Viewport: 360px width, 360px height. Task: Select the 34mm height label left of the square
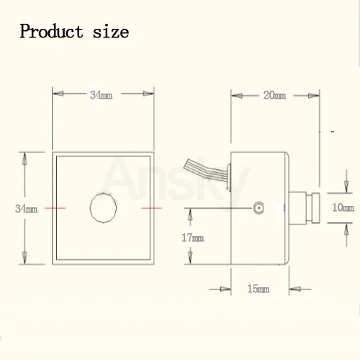pyautogui.click(x=26, y=209)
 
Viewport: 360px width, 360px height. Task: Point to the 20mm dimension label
pyautogui.click(x=274, y=94)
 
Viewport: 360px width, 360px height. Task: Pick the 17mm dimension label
pyautogui.click(x=192, y=237)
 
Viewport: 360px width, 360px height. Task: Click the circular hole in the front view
pyautogui.click(x=104, y=207)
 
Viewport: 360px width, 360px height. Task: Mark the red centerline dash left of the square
pyautogui.click(x=55, y=207)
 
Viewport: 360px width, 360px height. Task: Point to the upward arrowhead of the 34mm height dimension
pyautogui.click(x=26, y=156)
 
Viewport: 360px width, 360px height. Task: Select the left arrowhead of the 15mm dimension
pyautogui.click(x=233, y=289)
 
